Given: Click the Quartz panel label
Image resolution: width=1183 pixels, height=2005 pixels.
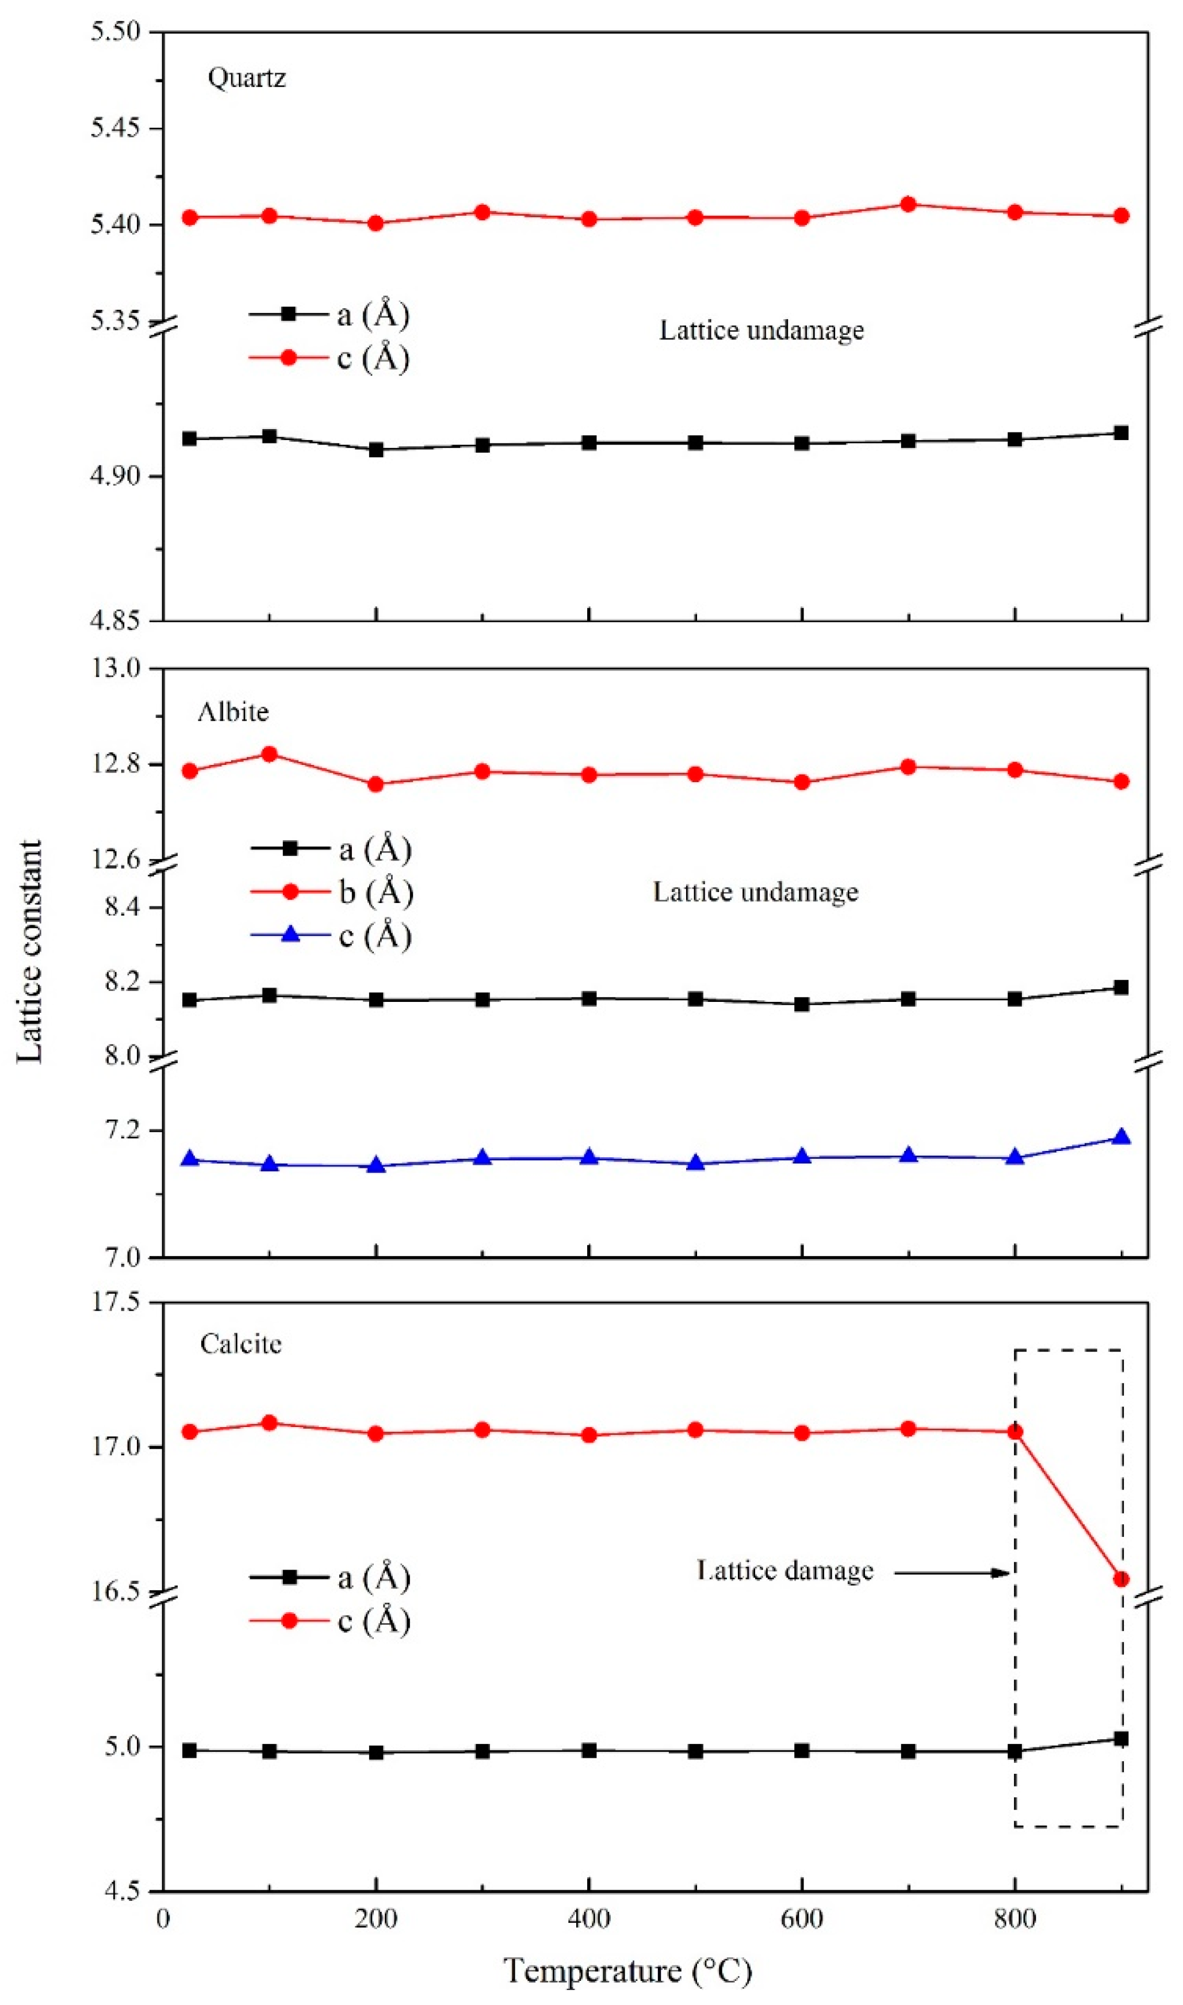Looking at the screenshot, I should pos(246,78).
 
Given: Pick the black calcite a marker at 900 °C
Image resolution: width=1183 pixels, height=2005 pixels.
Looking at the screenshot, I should pos(1121,1738).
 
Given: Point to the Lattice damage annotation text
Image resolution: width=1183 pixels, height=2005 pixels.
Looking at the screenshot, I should pos(784,1571).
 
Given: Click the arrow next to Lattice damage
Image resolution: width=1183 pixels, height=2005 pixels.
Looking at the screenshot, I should pos(952,1573).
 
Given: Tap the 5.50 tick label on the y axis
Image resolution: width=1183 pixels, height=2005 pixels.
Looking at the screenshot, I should pos(115,32).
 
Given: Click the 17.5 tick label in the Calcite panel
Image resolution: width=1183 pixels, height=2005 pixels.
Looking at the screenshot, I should pos(116,1302).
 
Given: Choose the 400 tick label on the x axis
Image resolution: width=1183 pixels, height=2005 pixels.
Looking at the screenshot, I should pos(588,1918).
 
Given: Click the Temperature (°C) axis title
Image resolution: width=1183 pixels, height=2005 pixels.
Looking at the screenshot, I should pos(627,1970).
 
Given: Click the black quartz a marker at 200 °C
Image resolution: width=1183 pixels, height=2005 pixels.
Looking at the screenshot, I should pos(376,450).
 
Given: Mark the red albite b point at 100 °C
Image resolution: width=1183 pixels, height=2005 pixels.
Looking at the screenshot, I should pos(270,754).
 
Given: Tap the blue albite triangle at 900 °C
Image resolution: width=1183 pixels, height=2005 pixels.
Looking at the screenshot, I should pos(1121,1137).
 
